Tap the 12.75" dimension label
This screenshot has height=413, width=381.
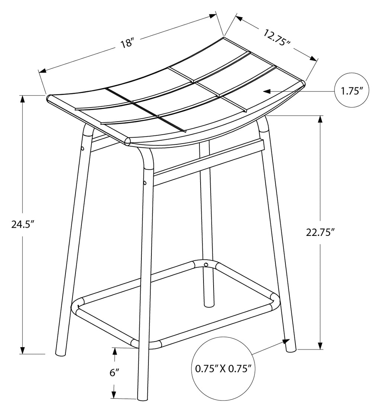(277, 37)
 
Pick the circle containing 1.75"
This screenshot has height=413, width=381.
(351, 91)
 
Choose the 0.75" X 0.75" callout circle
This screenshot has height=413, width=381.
(222, 369)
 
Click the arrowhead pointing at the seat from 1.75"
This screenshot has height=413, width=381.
(267, 92)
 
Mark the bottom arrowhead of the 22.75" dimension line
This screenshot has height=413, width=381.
(320, 345)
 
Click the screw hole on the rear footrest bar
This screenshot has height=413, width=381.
(206, 264)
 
